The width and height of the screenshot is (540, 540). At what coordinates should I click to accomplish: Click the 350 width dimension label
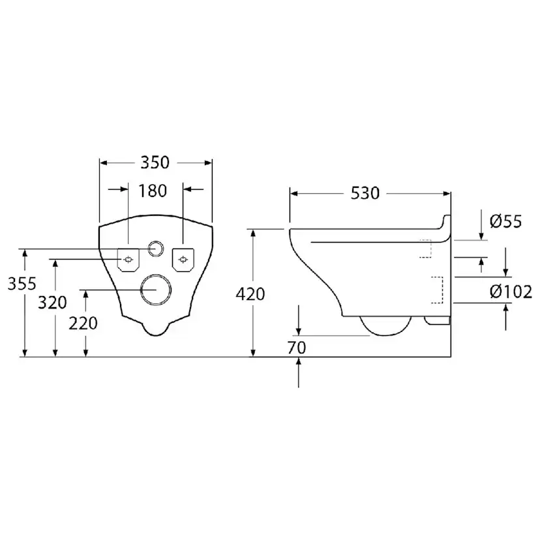(155, 162)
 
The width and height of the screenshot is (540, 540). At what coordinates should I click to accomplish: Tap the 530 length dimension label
(365, 194)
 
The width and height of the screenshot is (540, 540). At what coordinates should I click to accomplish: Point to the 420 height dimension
(250, 294)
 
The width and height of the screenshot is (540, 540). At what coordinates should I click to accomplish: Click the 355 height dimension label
(22, 283)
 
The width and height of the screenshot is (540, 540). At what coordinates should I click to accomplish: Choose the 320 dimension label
(53, 303)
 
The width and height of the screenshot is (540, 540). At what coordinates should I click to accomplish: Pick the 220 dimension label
(83, 322)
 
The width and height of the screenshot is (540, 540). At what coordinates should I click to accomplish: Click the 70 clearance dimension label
(297, 348)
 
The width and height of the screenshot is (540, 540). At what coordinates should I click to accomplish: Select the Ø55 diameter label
(505, 222)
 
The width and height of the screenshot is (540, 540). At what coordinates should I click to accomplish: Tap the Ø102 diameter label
(511, 292)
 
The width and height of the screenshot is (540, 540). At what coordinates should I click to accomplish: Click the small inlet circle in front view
(156, 248)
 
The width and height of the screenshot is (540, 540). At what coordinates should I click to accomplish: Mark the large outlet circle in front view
(156, 289)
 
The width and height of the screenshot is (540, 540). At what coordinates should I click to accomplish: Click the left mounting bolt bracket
(128, 260)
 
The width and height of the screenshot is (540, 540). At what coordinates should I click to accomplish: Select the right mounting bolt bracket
(183, 260)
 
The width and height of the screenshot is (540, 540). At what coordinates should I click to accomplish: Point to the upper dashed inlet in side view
(427, 248)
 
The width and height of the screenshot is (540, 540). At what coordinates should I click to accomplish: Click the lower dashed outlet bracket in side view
(439, 290)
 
